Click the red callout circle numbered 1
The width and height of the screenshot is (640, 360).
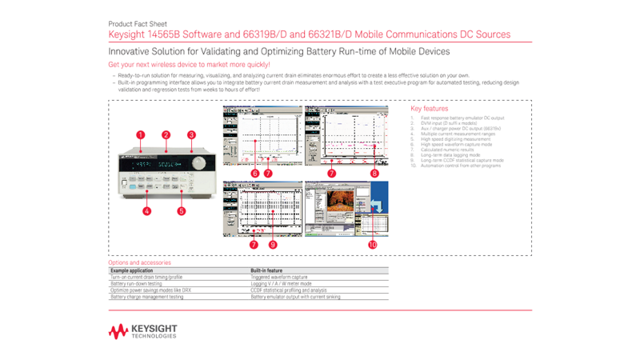[x=141, y=135]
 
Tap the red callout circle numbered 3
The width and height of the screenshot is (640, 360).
[x=191, y=135]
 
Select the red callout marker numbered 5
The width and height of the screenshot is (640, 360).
[x=182, y=211]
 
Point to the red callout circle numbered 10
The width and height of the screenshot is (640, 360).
[x=372, y=244]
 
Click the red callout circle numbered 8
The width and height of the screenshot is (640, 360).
[x=374, y=173]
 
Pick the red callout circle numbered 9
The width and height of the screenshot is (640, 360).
[x=273, y=244]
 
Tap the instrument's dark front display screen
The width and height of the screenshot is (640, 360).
[x=157, y=164]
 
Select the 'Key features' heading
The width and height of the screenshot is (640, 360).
[x=429, y=109]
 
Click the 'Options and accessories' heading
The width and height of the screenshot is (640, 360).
[x=139, y=262]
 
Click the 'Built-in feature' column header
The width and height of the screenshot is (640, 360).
[x=266, y=270]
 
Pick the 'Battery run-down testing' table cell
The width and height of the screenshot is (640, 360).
[x=136, y=283]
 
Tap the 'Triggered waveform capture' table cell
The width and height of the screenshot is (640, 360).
[x=278, y=277]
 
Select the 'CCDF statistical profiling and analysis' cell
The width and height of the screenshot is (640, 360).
[x=289, y=290]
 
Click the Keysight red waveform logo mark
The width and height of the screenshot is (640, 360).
[x=118, y=331]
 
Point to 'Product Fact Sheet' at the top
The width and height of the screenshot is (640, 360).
[x=138, y=24]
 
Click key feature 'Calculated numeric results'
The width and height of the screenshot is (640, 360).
[x=446, y=150]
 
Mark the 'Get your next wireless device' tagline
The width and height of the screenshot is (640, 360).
[x=189, y=64]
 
